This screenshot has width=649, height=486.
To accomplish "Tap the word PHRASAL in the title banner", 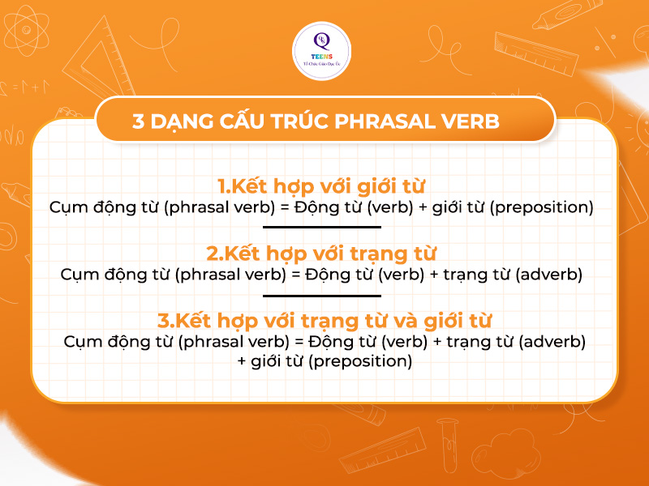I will coord(399,122).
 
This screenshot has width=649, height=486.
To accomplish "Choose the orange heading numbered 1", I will coord(324,185).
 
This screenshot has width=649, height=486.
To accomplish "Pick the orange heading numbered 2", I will coord(324,253).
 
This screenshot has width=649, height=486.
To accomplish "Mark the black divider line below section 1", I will coord(324,228).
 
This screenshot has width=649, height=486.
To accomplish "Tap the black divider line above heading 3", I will coord(324,296).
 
